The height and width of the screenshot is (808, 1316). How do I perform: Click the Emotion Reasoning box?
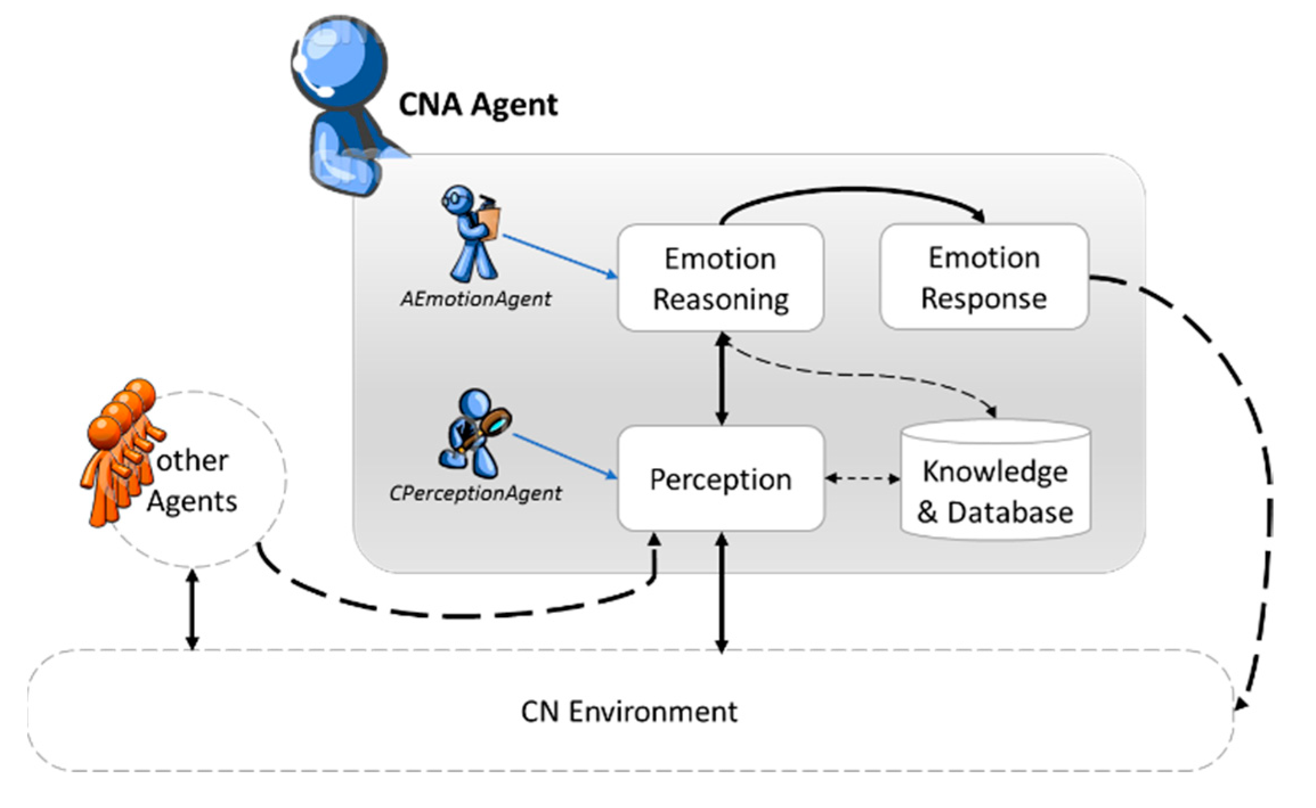click(x=721, y=278)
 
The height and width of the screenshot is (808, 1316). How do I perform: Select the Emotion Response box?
click(x=984, y=277)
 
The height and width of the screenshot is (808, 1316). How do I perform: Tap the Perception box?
click(x=721, y=478)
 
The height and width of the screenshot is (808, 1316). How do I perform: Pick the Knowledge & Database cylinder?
click(x=996, y=479)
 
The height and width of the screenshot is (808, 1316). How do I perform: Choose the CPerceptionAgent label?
click(x=475, y=493)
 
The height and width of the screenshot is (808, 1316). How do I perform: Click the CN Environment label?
click(x=629, y=712)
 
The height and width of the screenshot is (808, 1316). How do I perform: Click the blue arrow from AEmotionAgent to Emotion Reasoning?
click(x=560, y=256)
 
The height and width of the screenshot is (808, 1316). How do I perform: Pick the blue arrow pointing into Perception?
click(x=565, y=456)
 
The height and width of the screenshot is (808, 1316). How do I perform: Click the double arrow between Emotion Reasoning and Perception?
click(x=722, y=379)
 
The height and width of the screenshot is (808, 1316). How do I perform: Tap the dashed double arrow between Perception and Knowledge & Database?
click(x=862, y=479)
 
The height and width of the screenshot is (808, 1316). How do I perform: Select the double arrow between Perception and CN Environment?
click(x=722, y=593)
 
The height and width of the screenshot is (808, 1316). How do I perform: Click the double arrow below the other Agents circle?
click(x=193, y=609)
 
